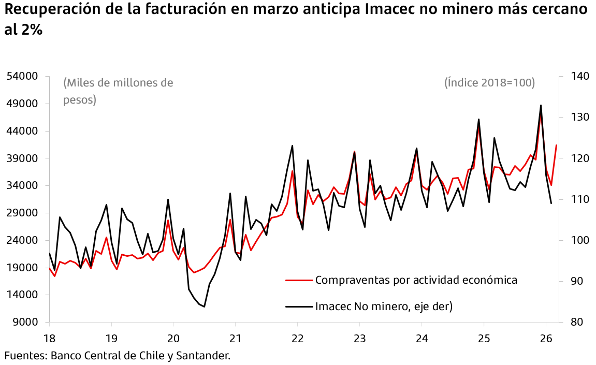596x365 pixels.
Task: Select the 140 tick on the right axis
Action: tap(580, 77)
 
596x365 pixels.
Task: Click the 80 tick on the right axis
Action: tap(577, 323)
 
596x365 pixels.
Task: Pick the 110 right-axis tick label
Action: tap(580, 199)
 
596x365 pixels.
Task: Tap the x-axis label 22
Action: tap(297, 338)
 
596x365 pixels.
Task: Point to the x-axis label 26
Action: tap(546, 338)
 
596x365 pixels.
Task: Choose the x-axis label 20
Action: tap(173, 338)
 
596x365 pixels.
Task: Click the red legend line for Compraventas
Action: tap(299, 280)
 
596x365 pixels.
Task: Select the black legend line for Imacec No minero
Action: tap(299, 306)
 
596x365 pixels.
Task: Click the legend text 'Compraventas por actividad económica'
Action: tap(416, 280)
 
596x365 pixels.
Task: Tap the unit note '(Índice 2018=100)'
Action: tap(489, 83)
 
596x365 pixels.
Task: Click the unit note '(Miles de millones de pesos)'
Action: tap(118, 91)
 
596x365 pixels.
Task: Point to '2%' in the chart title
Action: tap(32, 31)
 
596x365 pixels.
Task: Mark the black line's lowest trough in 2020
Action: tap(205, 307)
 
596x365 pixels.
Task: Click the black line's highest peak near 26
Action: tap(541, 105)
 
